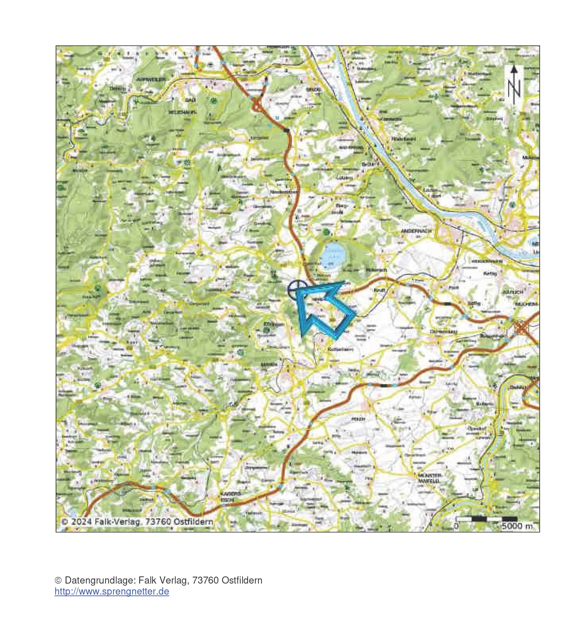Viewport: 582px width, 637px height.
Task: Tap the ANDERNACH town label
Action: tap(416, 231)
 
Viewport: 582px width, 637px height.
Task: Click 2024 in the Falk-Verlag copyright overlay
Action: tap(82, 522)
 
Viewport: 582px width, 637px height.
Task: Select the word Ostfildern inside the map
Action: tap(193, 522)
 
